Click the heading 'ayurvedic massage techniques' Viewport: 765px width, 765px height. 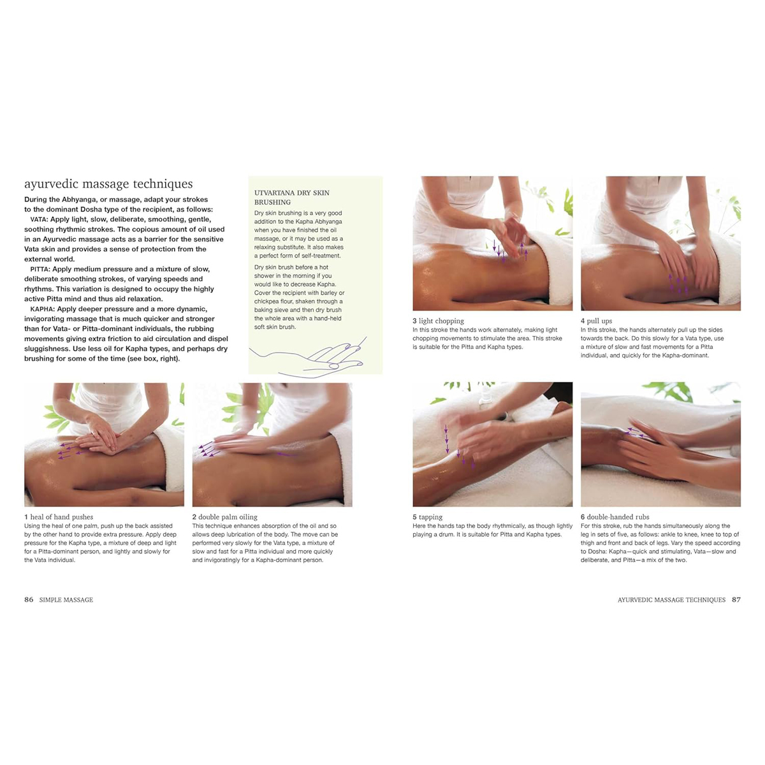coord(108,184)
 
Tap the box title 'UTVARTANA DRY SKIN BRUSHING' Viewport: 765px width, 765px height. coord(292,197)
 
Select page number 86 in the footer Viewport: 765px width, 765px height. coord(29,600)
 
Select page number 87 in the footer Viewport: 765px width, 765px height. coord(736,600)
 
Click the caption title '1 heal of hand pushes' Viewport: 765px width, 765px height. coord(59,517)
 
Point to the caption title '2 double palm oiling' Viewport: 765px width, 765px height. coord(225,517)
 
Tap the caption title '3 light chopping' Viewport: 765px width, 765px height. coord(438,321)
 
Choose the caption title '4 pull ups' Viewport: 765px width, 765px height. coord(596,321)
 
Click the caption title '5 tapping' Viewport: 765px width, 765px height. coord(427,517)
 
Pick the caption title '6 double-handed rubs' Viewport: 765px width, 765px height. coord(615,517)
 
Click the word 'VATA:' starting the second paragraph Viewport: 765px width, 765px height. coord(39,219)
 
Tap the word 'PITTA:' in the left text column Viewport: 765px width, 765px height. coord(40,269)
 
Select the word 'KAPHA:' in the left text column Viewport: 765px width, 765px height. coord(42,309)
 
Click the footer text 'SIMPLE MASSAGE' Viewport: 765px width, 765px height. coord(66,600)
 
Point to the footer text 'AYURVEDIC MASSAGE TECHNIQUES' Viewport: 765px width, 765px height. coord(671,600)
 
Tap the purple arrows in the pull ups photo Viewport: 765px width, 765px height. coord(678,284)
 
